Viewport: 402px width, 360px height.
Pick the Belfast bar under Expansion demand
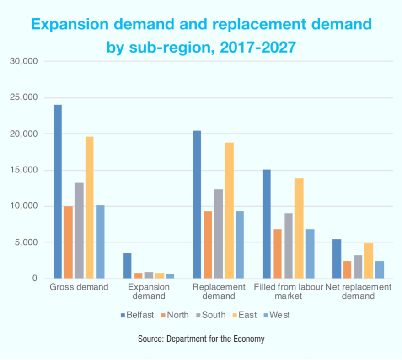[x=128, y=266]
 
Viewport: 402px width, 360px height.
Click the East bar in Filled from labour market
[x=299, y=228]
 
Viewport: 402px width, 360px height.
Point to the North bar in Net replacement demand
[x=348, y=270]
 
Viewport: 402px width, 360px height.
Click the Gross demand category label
[x=79, y=287]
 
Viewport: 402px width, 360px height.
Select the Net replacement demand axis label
[x=358, y=291]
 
